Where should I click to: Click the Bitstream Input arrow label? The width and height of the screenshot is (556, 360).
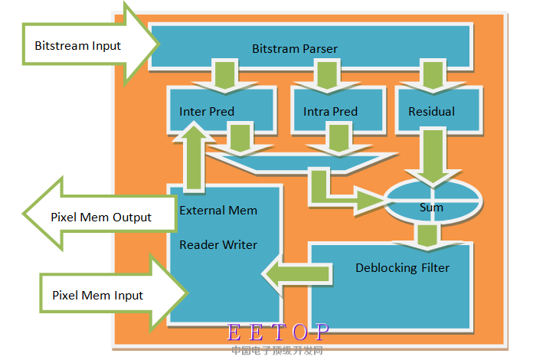click(77, 45)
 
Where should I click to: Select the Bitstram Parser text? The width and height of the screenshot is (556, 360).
click(295, 48)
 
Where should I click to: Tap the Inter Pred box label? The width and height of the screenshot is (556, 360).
click(207, 111)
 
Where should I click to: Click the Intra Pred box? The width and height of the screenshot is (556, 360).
click(330, 111)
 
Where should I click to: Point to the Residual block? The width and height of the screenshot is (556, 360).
click(431, 111)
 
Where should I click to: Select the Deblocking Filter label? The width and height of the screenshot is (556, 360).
click(402, 267)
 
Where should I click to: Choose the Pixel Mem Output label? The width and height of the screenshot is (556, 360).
click(101, 217)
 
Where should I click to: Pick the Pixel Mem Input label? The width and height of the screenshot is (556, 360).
click(97, 295)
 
